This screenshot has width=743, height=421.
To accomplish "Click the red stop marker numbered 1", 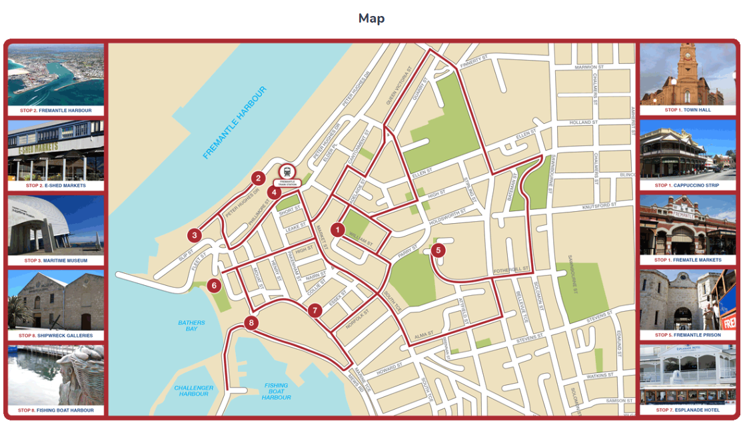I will click(338, 230).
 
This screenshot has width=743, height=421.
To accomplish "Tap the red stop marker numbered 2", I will click(258, 178).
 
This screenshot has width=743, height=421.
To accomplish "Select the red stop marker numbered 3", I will click(194, 235).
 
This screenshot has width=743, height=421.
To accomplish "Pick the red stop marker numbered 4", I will click(274, 193).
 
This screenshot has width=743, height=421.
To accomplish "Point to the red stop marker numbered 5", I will click(438, 250).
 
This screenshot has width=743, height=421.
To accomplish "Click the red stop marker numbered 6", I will click(214, 286).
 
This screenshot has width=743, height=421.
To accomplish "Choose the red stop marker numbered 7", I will click(315, 310).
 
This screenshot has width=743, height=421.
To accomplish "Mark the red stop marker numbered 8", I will click(251, 323).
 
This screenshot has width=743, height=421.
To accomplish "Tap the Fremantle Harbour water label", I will click(234, 123).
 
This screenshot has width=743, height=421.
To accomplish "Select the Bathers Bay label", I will click(191, 326).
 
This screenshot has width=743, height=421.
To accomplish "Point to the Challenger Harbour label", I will click(194, 390).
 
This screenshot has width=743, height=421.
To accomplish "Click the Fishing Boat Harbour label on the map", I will click(276, 391).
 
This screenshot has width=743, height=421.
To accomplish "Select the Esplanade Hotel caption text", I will click(688, 410).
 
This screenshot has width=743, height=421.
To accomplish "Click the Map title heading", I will click(371, 18).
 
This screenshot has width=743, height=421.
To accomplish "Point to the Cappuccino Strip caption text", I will click(688, 185).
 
